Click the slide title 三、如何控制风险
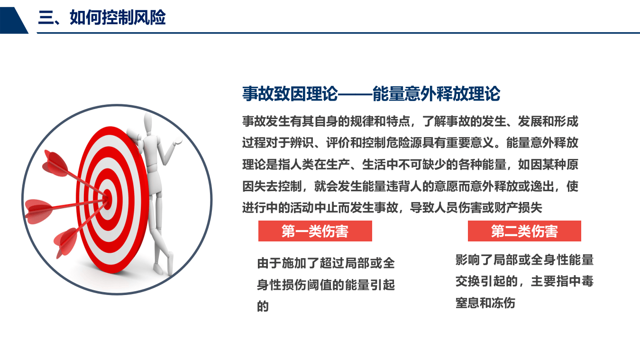tap(102, 18)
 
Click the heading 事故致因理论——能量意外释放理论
tap(371, 94)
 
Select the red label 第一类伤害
tap(315, 231)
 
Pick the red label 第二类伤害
tap(524, 231)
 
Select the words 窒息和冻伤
tap(485, 303)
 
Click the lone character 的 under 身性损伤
tap(263, 307)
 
